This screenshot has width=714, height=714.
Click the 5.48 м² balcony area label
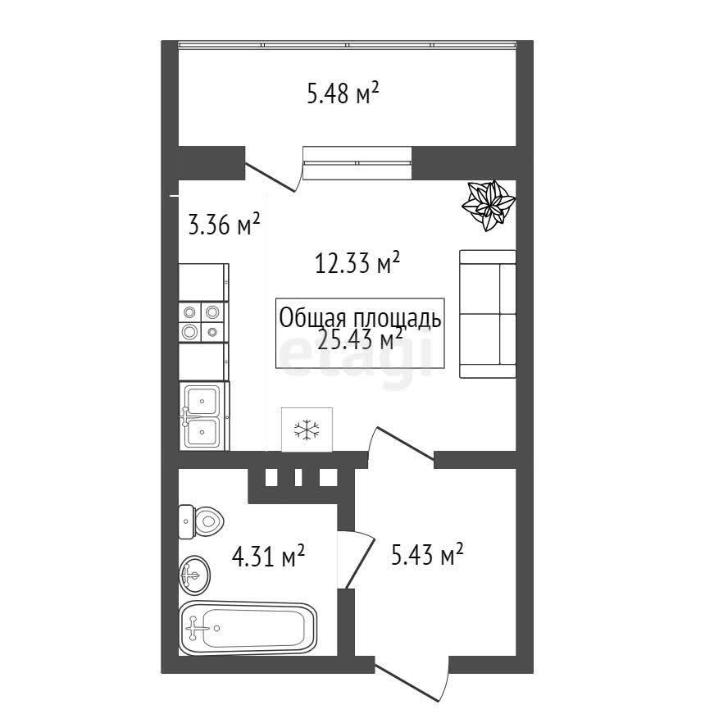(343, 93)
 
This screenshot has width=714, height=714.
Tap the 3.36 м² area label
(224, 224)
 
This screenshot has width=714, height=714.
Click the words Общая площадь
(360, 318)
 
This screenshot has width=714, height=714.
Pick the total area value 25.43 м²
(360, 339)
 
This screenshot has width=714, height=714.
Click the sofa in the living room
(488, 313)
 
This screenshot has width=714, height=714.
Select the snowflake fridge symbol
(307, 430)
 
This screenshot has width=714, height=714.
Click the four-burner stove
(202, 322)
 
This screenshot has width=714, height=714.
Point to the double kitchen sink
(203, 416)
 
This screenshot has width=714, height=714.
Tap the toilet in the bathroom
(201, 521)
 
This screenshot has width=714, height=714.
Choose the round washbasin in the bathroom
(194, 575)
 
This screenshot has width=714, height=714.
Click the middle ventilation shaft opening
(298, 477)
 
